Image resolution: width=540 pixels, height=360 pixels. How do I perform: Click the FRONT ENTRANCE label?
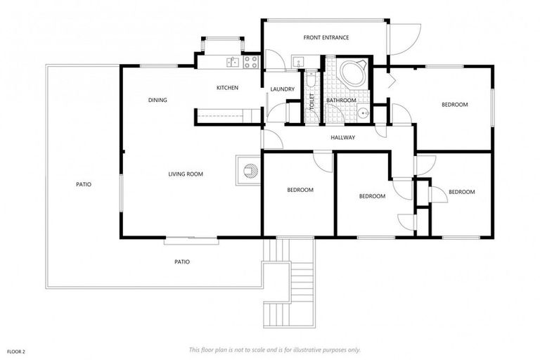coord(326,37)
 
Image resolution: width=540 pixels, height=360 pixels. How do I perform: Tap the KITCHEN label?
coord(227,88)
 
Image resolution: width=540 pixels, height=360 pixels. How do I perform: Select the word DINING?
coord(157,100)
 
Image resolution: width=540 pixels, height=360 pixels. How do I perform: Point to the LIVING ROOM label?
coord(186,174)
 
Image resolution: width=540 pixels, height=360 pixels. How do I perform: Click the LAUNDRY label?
coord(282,89)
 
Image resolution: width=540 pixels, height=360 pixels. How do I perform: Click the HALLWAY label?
coord(343,138)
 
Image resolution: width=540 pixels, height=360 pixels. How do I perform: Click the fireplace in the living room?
coord(247,169)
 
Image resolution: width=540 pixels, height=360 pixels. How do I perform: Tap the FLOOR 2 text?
coord(17,349)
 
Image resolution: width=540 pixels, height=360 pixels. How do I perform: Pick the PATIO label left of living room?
coord(84,184)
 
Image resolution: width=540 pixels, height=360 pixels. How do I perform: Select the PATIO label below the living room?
coord(182,262)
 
